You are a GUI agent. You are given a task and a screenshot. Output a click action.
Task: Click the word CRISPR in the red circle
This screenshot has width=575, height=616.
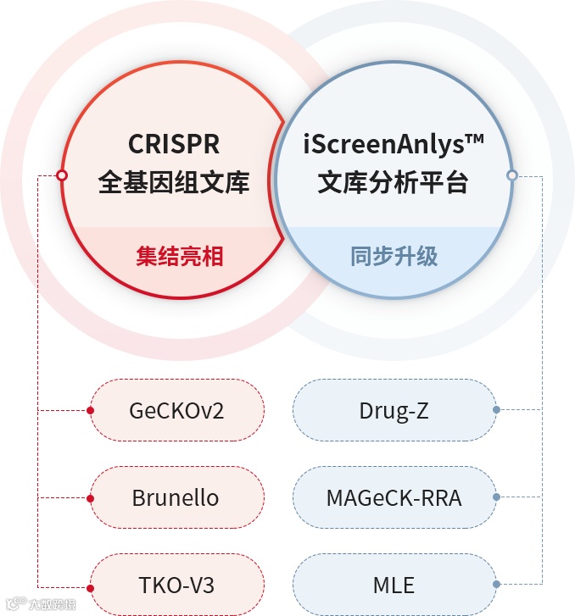coord(174,144)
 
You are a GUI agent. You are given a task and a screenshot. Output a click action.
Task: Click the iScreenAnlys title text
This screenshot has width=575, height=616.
coord(394,144)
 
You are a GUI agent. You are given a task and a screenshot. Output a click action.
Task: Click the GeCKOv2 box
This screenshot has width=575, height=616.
coord(177,411)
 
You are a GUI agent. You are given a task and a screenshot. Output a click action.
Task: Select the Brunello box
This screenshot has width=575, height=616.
coord(176,497)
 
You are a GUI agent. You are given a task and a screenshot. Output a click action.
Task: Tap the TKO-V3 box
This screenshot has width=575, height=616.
coord(176,585)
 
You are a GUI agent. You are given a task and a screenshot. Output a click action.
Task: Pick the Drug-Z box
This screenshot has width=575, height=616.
coord(394,411)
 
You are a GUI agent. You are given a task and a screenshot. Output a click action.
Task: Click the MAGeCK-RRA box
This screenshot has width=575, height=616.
coord(394,497)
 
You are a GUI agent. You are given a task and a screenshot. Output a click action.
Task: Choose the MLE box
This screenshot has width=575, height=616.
coord(394,585)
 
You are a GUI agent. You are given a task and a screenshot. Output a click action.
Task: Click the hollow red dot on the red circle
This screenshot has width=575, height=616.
coord(61,175)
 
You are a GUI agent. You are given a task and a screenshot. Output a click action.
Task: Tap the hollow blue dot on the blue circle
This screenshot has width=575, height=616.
coord(511,175)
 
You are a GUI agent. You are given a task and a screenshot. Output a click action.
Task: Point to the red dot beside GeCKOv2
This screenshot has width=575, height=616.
coord(90,411)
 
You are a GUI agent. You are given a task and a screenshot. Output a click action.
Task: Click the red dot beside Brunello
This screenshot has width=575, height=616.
coord(90,497)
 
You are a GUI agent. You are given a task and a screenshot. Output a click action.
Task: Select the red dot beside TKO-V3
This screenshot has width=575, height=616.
coord(90,585)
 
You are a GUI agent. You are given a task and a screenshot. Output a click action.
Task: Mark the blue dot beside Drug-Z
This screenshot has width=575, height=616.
coord(496,410)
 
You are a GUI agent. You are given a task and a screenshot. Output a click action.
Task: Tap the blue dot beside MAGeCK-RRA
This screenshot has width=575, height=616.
coord(496,497)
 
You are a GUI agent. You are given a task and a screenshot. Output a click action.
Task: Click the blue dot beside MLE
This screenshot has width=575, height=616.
coord(496,584)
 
